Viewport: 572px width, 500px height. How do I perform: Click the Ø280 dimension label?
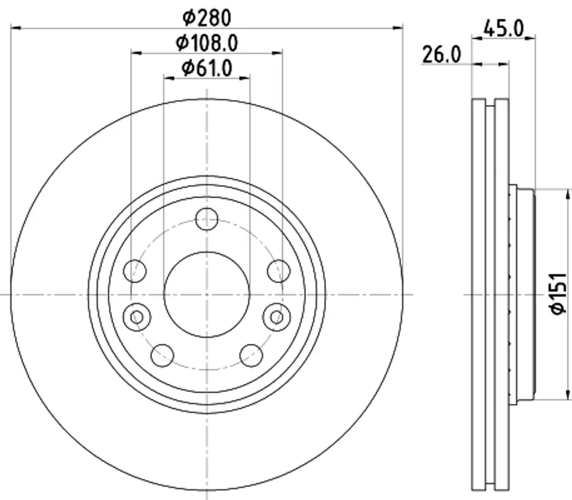[207, 18]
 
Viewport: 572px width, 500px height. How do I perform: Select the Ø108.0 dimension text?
[207, 43]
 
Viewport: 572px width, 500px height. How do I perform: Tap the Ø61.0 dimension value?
[207, 68]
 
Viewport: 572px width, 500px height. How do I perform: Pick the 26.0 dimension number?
[442, 55]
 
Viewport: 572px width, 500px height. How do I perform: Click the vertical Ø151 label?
[558, 293]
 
